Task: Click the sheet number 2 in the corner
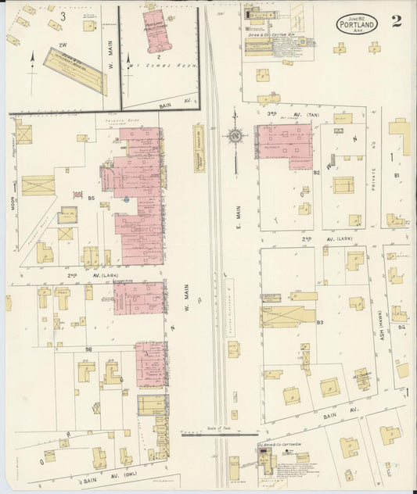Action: (x=397, y=21)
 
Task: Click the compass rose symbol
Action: (x=235, y=137)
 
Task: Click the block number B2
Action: (x=317, y=171)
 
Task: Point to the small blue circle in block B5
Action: (x=126, y=199)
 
